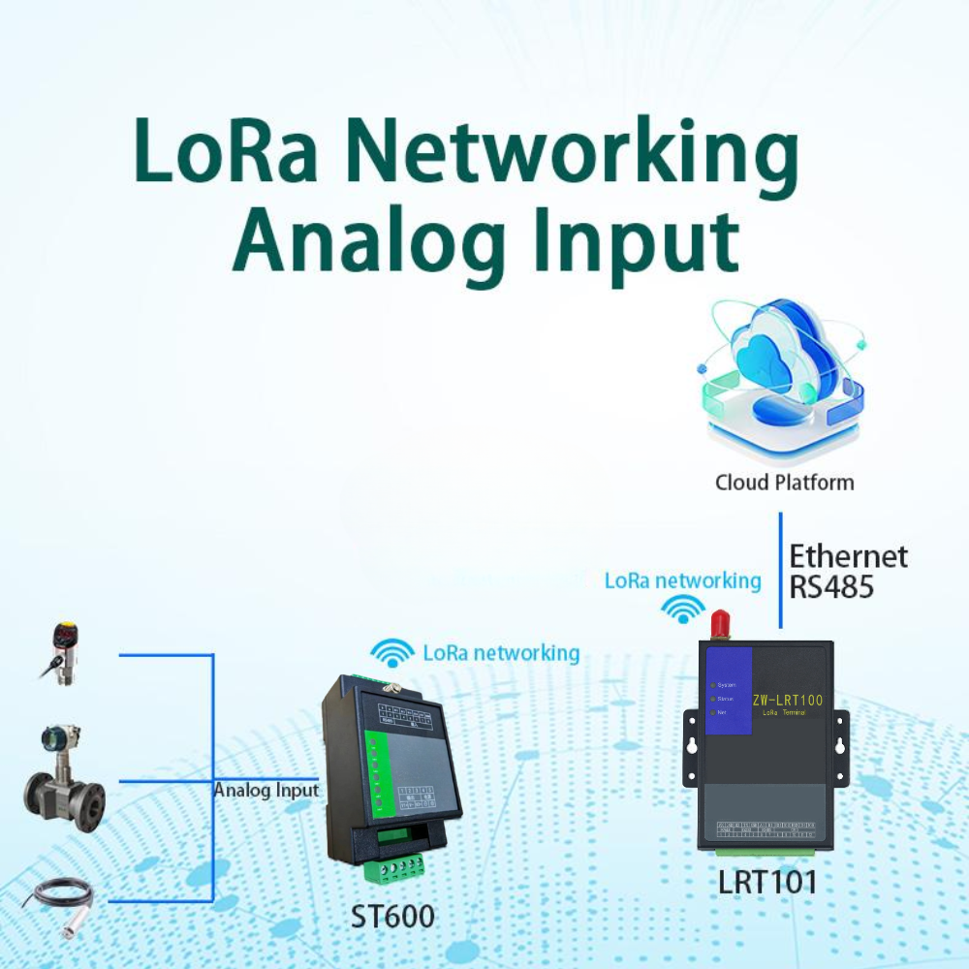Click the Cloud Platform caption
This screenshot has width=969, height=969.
tap(784, 482)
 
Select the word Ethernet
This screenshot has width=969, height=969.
tap(848, 556)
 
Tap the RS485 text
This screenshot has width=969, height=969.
tap(830, 587)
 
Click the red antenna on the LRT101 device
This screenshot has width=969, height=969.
tap(719, 624)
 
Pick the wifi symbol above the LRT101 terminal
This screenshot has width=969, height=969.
tap(684, 609)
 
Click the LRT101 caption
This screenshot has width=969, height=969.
tap(766, 882)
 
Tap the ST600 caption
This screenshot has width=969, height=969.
tap(391, 916)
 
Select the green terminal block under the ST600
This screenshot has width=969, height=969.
tap(393, 865)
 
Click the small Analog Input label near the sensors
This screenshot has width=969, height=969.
tap(266, 790)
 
